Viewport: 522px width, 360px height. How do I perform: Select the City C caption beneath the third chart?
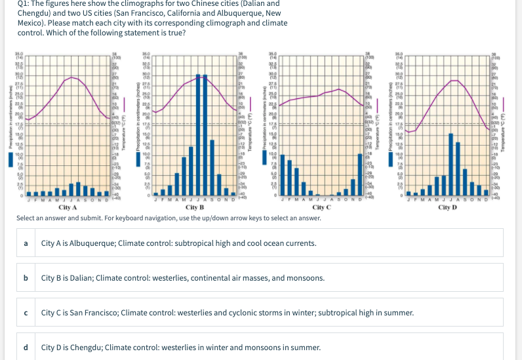coord(321,207)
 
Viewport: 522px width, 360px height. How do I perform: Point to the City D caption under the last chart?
coord(447,207)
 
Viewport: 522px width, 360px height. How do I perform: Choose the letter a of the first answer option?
coord(26,243)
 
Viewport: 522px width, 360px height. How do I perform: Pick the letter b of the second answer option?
coord(26,278)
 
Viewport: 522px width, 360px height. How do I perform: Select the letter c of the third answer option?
coord(26,313)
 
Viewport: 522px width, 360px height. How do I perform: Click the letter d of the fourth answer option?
coord(26,347)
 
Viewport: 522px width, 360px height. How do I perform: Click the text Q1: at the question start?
coord(25,4)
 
